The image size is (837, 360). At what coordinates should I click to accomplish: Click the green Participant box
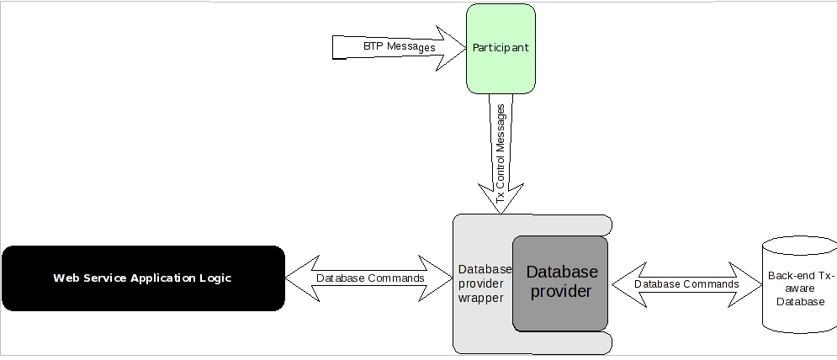pyautogui.click(x=501, y=48)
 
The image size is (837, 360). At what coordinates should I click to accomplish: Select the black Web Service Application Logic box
pyautogui.click(x=142, y=278)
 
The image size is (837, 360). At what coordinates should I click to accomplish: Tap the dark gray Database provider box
pyautogui.click(x=560, y=283)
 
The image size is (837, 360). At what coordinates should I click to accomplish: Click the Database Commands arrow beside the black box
pyautogui.click(x=369, y=278)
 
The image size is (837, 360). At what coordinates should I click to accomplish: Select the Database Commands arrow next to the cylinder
pyautogui.click(x=686, y=284)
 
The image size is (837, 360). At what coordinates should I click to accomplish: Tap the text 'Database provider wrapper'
pyautogui.click(x=485, y=283)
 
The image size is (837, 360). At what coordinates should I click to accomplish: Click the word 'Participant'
pyautogui.click(x=501, y=47)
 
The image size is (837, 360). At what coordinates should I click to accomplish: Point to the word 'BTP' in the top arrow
pyautogui.click(x=373, y=46)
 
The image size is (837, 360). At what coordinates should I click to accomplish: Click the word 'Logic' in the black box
pyautogui.click(x=215, y=278)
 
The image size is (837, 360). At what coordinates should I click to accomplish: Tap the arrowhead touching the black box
pyautogui.click(x=299, y=278)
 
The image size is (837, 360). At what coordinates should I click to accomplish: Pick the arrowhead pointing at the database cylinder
pyautogui.click(x=749, y=284)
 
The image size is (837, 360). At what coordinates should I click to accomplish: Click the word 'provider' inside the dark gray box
pyautogui.click(x=560, y=291)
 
